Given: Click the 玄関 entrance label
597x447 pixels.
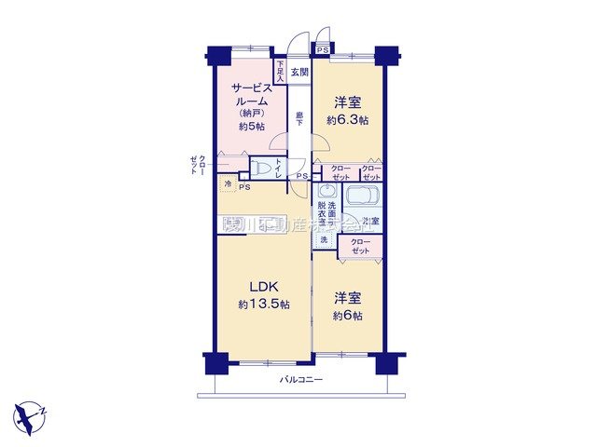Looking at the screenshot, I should (x=298, y=72).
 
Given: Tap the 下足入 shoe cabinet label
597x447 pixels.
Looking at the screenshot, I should (x=280, y=73).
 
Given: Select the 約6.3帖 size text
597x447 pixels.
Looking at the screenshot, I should (x=347, y=120).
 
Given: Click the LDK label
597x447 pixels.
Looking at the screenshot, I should (x=263, y=286).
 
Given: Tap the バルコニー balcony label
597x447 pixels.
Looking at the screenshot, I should (x=300, y=381).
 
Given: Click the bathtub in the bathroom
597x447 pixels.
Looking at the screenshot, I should (x=362, y=199).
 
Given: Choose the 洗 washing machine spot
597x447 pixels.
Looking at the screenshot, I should (x=324, y=240).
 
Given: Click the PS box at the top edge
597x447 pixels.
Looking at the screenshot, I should (x=322, y=49).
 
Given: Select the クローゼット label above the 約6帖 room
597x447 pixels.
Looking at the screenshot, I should (x=359, y=247).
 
